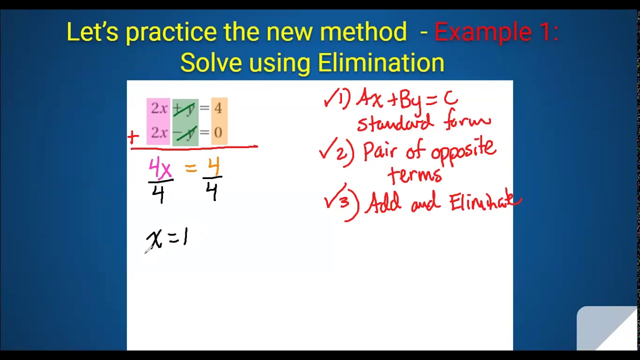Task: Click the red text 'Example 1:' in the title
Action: point(496,32)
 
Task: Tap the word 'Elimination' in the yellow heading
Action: point(381,63)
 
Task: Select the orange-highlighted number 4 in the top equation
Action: point(218,108)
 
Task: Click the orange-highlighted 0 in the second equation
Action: point(218,133)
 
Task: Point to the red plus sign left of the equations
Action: point(133,136)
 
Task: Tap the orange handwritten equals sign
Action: point(191,169)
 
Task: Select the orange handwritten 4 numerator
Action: point(213,166)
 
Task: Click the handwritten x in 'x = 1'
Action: point(154,239)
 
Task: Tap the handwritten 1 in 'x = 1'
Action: point(185,236)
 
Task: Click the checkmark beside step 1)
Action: point(330,99)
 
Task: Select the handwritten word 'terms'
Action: point(415,175)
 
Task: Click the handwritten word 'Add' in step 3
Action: point(384,203)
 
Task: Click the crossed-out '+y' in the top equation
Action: point(184,108)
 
